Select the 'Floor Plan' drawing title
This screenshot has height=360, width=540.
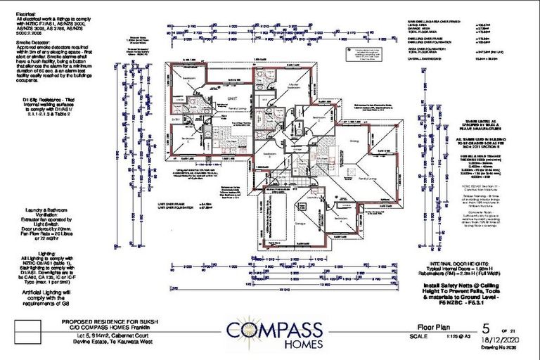(x=427, y=327)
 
